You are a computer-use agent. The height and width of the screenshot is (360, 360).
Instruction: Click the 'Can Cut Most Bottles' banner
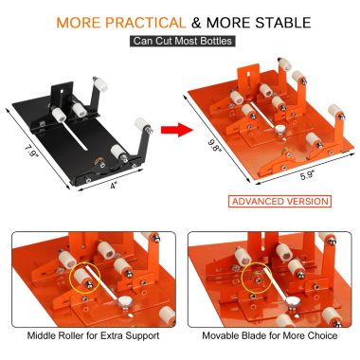click(179, 41)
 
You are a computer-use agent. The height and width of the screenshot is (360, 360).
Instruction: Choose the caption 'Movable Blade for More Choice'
click(269, 336)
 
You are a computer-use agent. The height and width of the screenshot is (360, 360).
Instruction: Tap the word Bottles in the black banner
click(213, 41)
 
